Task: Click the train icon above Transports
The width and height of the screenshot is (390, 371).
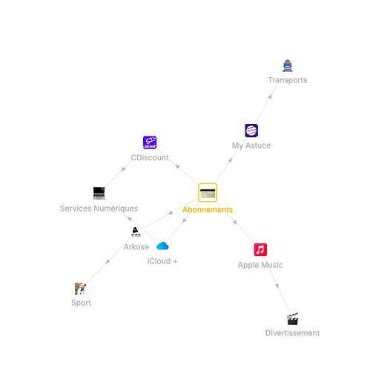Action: (287, 66)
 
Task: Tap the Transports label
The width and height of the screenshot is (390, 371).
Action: (288, 80)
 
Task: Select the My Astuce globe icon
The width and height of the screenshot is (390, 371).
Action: (251, 131)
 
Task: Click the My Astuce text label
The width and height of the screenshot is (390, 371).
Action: (251, 145)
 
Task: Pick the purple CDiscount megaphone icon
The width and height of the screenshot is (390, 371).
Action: (150, 142)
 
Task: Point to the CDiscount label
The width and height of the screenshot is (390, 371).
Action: (150, 157)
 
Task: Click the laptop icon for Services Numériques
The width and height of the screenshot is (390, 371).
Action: (99, 193)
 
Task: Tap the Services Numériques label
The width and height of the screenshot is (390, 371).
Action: (99, 209)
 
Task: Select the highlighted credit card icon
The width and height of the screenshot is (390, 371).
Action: (208, 193)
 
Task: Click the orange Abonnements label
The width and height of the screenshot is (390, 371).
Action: (208, 210)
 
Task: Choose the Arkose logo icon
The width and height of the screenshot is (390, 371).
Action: (136, 232)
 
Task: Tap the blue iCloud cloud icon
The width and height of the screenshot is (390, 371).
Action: (162, 246)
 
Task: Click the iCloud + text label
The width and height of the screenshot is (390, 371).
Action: (162, 261)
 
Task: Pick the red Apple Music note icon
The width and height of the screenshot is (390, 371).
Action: (260, 250)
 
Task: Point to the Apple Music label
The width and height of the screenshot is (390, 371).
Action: (260, 265)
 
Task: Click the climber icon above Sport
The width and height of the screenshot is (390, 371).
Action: (81, 289)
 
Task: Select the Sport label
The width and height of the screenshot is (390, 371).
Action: (81, 303)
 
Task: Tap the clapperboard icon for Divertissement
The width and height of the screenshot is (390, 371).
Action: (292, 319)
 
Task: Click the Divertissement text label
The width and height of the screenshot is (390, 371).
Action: (292, 333)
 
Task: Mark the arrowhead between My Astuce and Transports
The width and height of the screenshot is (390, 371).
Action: (270, 96)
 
